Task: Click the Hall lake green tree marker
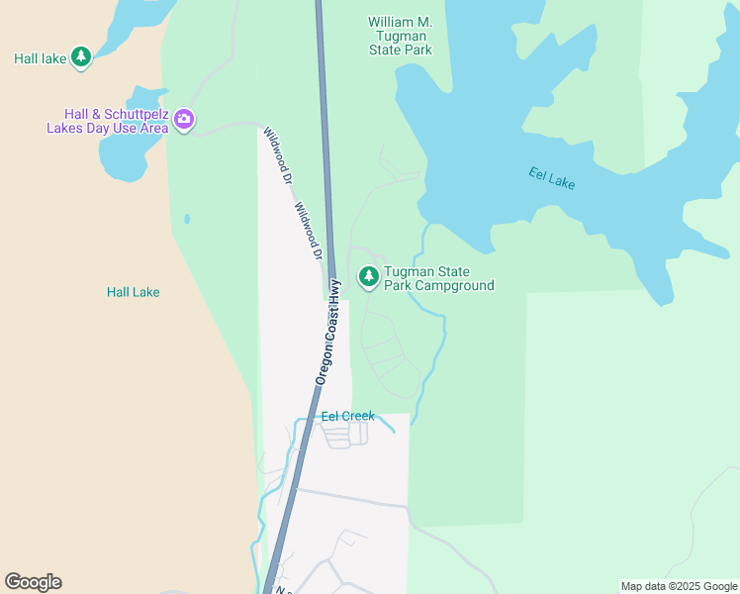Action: (x=81, y=57)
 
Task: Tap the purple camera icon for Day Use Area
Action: (x=184, y=120)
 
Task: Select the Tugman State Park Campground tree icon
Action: (x=369, y=277)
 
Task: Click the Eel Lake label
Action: (x=551, y=178)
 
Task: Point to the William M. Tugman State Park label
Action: (x=400, y=36)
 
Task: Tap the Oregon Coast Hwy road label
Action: (x=328, y=331)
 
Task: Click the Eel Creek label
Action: (x=348, y=416)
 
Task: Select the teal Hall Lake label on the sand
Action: (x=133, y=292)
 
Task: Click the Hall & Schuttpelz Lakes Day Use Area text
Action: (x=108, y=121)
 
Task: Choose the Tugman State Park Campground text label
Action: (x=438, y=279)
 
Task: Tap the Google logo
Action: (x=33, y=582)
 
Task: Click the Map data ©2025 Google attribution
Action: (x=679, y=586)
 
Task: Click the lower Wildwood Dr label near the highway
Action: (x=309, y=232)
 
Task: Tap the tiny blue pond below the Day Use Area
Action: (x=186, y=219)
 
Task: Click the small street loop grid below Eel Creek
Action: (x=346, y=434)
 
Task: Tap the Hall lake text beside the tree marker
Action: (x=40, y=58)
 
